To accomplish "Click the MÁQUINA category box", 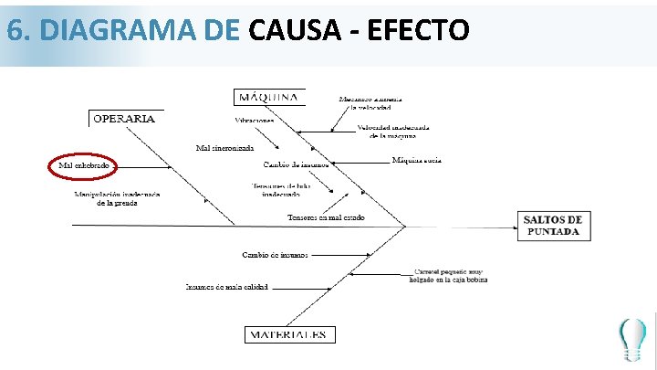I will (x=268, y=97).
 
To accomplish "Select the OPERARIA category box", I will (x=124, y=118).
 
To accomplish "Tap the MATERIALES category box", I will (x=288, y=334).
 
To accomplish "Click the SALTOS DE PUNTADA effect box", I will (x=553, y=226).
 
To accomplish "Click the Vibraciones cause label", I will (x=255, y=120).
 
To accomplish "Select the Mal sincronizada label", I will (x=224, y=147).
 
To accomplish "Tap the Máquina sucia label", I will (x=417, y=161).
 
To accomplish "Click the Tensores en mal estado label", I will (x=326, y=217).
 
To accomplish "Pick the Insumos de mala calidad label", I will (x=227, y=287).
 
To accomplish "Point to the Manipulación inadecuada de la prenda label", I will (x=117, y=198).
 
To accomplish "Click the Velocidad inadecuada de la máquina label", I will (x=386, y=132).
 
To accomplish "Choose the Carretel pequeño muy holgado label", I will (x=451, y=275).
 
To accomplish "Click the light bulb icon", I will (x=631, y=339).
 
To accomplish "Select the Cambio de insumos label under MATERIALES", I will (x=275, y=254).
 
